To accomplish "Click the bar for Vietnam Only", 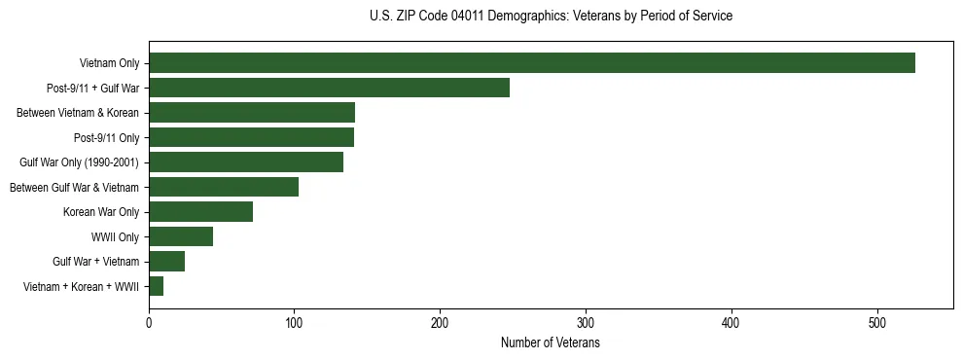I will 532,63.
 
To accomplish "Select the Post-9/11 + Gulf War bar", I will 329,88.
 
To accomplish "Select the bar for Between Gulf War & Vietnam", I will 224,187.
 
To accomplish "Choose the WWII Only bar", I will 181,236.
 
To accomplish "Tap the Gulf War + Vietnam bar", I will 166,262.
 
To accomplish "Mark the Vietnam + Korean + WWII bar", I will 157,286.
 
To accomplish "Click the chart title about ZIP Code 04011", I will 551,17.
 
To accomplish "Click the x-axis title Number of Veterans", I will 551,343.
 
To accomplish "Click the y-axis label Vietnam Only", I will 109,64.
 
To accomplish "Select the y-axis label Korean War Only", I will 101,212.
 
